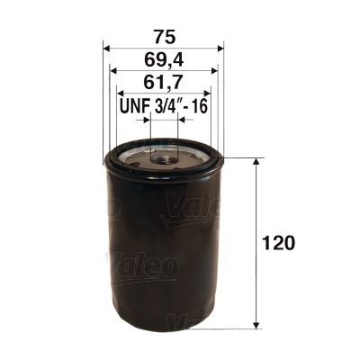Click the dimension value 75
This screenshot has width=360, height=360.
[x=163, y=38]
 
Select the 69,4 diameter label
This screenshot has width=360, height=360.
[x=163, y=61]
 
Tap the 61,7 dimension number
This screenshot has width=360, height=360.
[x=163, y=85]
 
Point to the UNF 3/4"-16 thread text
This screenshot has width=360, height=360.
[x=163, y=107]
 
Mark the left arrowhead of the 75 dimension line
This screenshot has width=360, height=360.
[x=107, y=50]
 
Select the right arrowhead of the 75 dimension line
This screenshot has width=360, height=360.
[x=220, y=50]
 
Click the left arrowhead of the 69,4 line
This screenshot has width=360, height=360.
[x=112, y=73]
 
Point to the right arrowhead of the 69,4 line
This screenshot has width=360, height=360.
[x=214, y=73]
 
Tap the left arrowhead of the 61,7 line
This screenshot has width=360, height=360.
[x=119, y=94]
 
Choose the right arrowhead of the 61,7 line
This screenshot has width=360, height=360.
[x=208, y=94]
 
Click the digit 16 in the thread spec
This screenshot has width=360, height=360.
[x=200, y=107]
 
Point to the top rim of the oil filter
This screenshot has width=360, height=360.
[x=164, y=154]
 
